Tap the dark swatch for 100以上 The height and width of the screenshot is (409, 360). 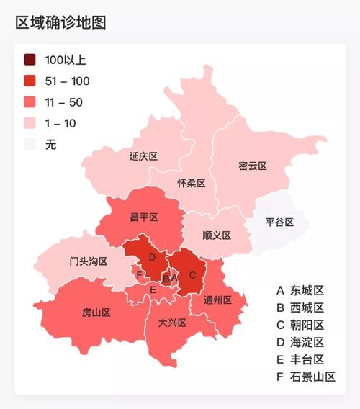coord(30,60)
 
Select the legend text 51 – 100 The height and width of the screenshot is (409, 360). coord(67,81)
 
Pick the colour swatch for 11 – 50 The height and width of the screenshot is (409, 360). coord(30,102)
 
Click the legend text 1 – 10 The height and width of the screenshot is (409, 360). coord(60,123)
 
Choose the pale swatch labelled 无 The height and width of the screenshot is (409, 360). coord(30,144)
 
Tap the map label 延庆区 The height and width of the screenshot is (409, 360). coord(143,156)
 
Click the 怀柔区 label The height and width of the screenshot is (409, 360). coord(192,183)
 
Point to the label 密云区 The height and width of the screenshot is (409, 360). coord(252,166)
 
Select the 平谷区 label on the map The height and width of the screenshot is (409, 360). coord(279,222)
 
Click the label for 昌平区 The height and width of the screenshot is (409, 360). coord(143,217)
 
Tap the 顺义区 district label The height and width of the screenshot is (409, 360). coord(216,235)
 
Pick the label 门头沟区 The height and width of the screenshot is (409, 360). coord(89,261)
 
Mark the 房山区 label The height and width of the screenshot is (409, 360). coord(96,313)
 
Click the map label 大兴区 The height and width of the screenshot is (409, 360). coord(172,323)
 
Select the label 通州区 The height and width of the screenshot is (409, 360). coord(217,300)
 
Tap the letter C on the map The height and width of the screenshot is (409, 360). coord(192,274)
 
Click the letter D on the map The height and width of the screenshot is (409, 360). coord(152,257)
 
